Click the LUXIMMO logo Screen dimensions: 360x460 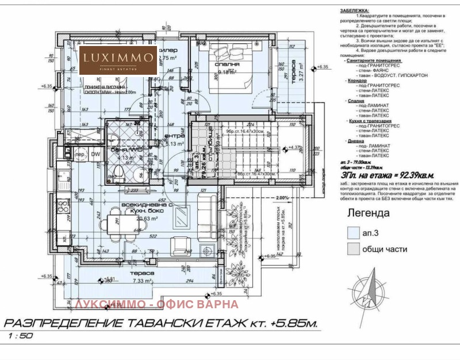click(118, 59)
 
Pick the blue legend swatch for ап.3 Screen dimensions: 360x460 click(354, 233)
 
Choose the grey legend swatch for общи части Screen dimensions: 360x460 click(354, 249)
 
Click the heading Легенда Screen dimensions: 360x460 click(369, 213)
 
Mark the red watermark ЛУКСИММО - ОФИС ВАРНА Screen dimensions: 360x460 click(156, 304)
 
